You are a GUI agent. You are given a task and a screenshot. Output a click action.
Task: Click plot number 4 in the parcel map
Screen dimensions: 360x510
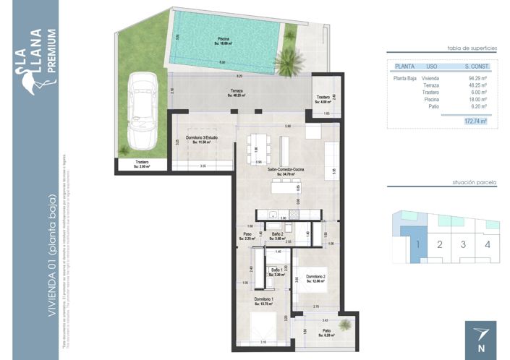point(488,244)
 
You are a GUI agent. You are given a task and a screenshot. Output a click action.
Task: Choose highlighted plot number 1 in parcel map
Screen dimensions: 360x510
point(417,244)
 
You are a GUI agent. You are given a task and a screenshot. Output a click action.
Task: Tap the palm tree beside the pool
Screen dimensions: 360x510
point(289,64)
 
